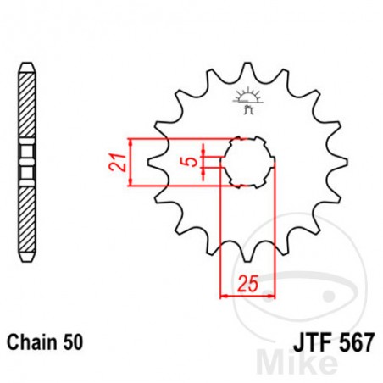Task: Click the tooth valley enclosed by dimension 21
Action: [157, 159]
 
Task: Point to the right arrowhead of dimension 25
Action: [273, 297]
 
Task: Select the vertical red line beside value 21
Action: [130, 159]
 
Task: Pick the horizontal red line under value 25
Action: [248, 297]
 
